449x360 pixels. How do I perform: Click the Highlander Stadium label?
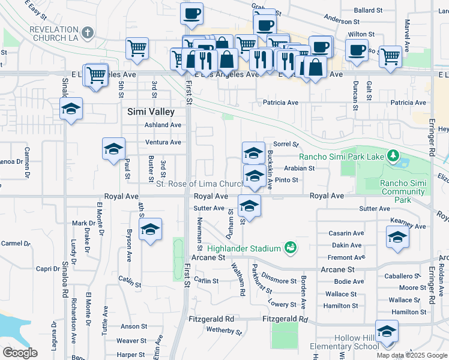[x=244, y=248]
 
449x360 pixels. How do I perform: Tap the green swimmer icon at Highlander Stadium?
[x=291, y=247]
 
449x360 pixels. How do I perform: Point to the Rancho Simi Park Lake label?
[x=342, y=157]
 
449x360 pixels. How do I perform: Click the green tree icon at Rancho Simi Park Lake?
[x=393, y=157]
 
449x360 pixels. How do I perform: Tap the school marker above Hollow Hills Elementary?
[x=387, y=331]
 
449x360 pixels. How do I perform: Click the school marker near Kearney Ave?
[x=397, y=238]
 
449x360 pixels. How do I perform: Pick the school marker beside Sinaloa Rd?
[x=71, y=109]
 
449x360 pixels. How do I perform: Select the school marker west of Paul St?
[x=113, y=149]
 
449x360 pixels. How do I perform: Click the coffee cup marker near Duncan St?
[x=357, y=50]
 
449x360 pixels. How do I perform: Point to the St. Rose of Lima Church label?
[x=199, y=184]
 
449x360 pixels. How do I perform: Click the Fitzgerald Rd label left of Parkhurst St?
[x=211, y=319]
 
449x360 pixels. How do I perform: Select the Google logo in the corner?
[x=19, y=353]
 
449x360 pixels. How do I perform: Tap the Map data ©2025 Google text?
[x=411, y=355]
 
